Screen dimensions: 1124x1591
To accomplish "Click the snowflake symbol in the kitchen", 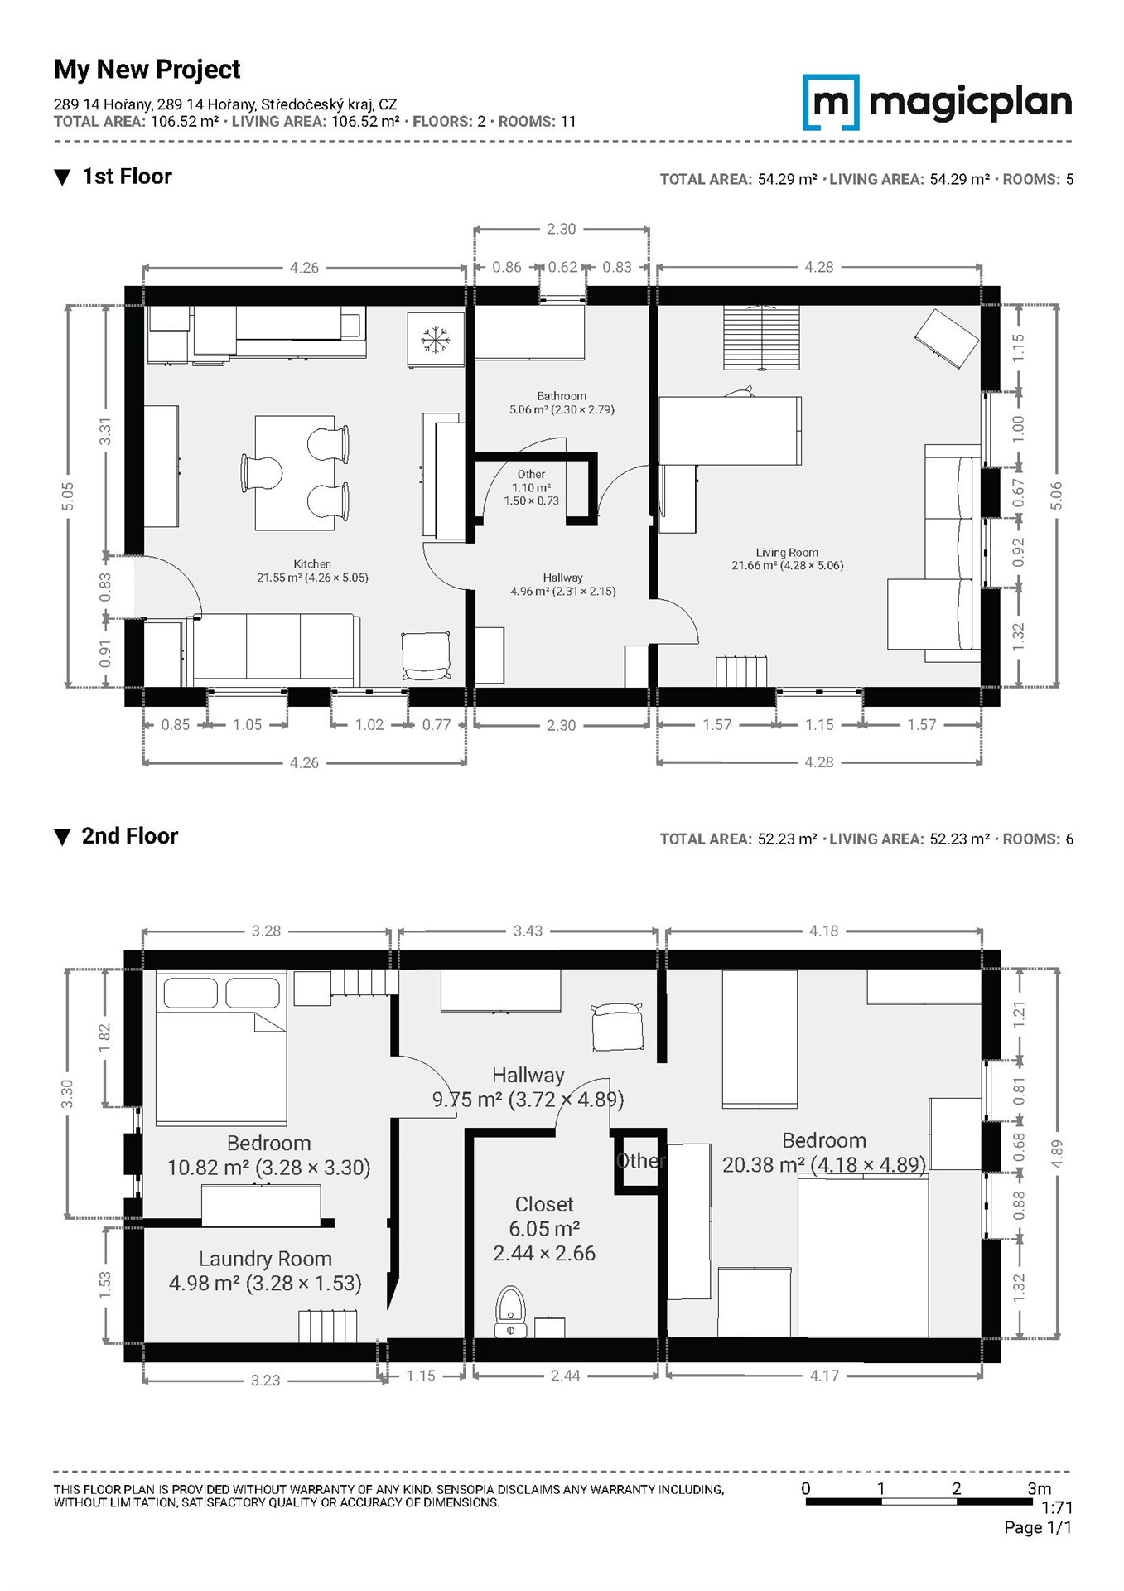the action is coord(435,340).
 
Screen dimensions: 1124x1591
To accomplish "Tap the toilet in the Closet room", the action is coord(510,1312).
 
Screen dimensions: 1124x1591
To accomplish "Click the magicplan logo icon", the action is coord(831,103).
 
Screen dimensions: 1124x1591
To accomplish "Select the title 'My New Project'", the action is coord(147,70).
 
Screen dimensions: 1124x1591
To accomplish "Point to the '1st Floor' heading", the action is coord(127,177).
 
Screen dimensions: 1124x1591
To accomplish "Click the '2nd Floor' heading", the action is coord(130,836).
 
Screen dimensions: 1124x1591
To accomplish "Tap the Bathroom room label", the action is coord(562,396).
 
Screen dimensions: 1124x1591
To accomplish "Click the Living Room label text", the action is coord(787,553).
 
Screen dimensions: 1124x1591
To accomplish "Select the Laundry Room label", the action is coord(265,1259).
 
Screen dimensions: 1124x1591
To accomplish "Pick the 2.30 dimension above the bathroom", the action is coord(561,229).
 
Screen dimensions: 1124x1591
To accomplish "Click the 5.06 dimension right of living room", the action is coord(1055,496).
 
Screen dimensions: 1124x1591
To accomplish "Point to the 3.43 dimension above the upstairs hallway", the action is coord(528,931).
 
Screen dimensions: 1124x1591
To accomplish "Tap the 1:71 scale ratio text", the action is coord(1057,1507).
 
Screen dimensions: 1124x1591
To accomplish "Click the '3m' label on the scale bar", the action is coord(1040,1488).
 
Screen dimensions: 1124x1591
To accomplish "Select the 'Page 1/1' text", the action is coord(1038,1527).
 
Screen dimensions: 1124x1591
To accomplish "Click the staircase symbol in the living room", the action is coord(762,337).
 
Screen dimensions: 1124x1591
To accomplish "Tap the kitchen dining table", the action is coord(295,473).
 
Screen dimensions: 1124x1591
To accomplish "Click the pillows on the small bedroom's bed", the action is coord(222,993).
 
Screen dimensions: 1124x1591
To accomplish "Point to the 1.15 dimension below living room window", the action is coord(819,725).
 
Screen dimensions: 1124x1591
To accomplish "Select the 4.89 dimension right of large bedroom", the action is coord(1055,1154).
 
